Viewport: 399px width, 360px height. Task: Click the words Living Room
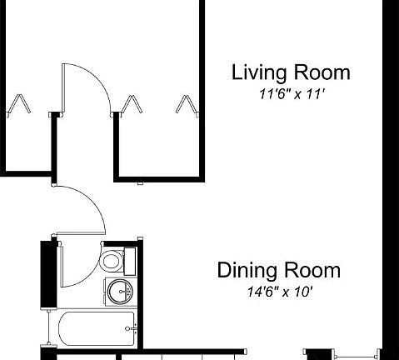(x=290, y=72)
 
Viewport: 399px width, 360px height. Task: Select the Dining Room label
(x=278, y=271)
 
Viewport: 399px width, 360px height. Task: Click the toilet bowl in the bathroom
(x=111, y=262)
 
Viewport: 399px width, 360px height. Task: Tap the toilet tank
(x=130, y=261)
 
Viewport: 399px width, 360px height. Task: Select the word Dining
(x=243, y=271)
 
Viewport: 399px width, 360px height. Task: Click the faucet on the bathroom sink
(x=128, y=292)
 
